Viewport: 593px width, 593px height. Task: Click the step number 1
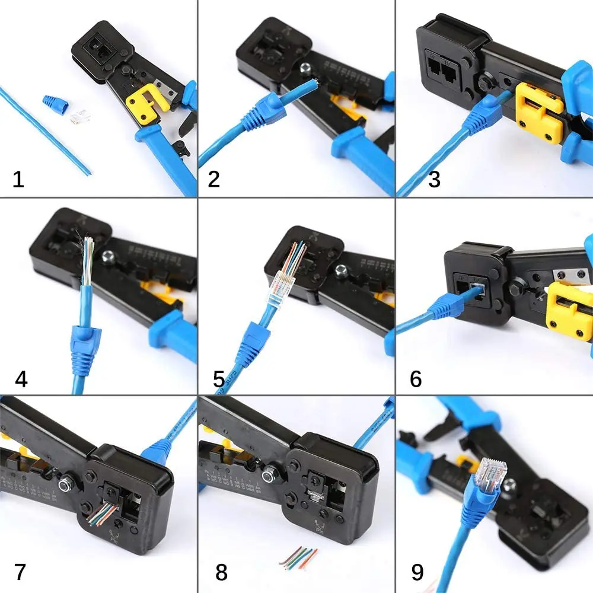18,178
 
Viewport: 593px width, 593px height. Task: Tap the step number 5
219,377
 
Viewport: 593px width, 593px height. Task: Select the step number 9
417,572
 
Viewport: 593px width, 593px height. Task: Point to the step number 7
20,572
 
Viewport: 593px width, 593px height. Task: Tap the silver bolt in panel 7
65,485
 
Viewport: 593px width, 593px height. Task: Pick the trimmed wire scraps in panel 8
299,558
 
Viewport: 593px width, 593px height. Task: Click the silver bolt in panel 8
270,474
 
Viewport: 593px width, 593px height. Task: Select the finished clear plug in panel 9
488,474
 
